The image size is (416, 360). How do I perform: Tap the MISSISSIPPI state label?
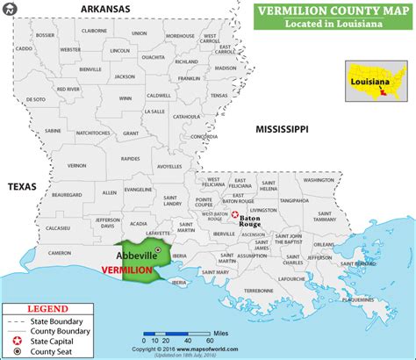[276, 129]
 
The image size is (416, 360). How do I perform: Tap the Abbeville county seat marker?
[157, 250]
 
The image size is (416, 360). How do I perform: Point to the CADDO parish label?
[23, 48]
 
